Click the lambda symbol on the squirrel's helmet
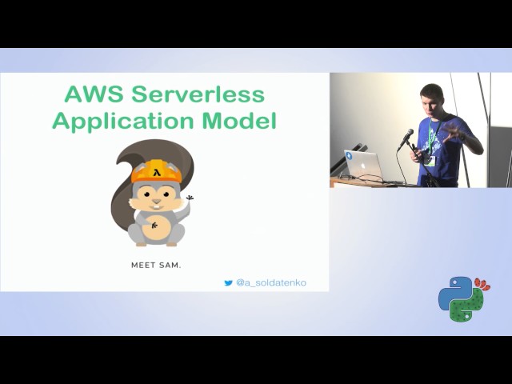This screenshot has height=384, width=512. point(158,170)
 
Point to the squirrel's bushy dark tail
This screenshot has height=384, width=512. point(124,180)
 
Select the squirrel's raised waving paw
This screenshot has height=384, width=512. point(190,198)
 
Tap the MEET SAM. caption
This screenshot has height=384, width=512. point(156,264)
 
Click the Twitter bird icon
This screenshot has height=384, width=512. point(228,282)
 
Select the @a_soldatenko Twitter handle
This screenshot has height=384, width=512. point(270,282)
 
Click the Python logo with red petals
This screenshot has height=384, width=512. point(462,298)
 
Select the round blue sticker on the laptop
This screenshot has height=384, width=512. point(349,157)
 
